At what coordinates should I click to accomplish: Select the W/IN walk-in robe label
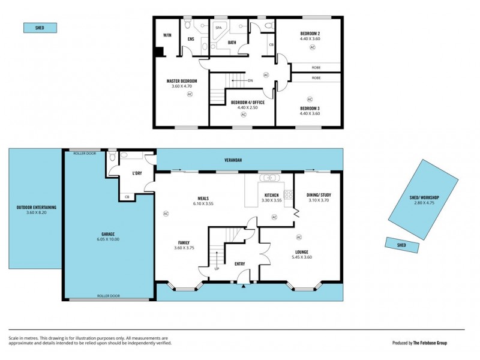click(x=167, y=35)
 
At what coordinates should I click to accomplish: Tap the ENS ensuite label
click(x=191, y=40)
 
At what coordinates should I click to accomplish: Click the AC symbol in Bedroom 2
click(x=312, y=47)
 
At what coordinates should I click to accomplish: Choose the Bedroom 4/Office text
click(x=243, y=103)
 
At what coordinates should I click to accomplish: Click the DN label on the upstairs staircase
click(x=250, y=80)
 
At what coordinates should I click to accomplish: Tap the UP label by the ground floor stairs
click(x=217, y=269)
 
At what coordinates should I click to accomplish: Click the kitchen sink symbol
click(x=269, y=178)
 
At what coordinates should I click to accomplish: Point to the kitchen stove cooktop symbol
click(x=287, y=194)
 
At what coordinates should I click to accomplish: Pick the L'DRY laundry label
click(x=137, y=174)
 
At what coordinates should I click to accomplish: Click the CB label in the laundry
click(x=127, y=197)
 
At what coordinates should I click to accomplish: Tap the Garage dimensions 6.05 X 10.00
click(x=108, y=239)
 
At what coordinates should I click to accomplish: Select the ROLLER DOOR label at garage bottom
click(x=108, y=295)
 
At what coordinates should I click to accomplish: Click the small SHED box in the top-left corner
click(x=40, y=28)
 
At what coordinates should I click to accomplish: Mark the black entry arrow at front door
click(x=243, y=286)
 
